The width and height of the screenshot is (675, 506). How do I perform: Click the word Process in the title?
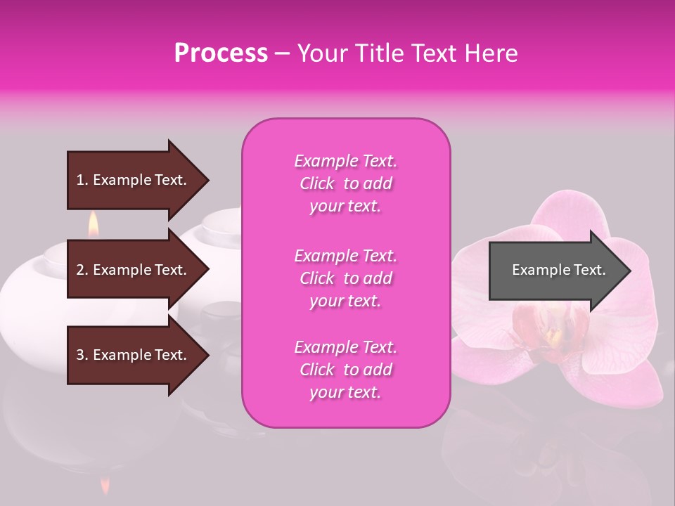(x=221, y=53)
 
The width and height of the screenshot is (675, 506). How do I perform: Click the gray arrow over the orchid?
(x=555, y=271)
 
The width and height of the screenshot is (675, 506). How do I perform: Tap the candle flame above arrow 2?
(x=93, y=226)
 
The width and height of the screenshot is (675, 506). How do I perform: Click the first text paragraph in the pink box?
(x=345, y=183)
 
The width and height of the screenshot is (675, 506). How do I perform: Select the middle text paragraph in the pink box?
(x=345, y=278)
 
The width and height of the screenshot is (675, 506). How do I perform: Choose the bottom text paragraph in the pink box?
(x=345, y=370)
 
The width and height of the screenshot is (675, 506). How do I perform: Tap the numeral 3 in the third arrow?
(x=79, y=355)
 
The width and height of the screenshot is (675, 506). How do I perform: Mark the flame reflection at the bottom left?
(x=105, y=484)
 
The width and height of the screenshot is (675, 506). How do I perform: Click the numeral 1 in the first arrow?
(x=79, y=180)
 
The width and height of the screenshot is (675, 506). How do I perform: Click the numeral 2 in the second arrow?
(x=79, y=270)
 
